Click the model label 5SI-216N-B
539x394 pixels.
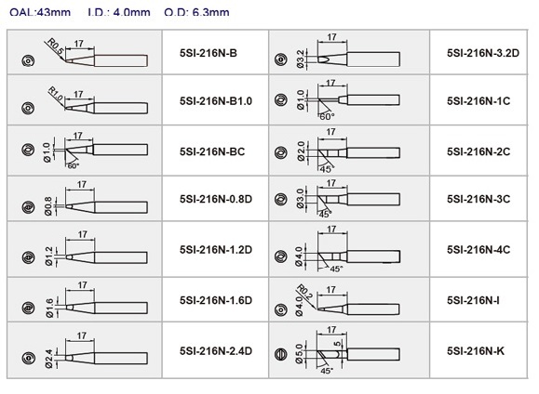(209, 53)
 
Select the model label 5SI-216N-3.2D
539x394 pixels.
(483, 53)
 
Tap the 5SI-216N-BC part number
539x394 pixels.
(212, 151)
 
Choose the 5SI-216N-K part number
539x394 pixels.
(476, 351)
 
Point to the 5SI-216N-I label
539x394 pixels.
(473, 300)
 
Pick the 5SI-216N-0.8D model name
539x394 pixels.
(216, 199)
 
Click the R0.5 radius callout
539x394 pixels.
(55, 47)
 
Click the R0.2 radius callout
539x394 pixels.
(304, 293)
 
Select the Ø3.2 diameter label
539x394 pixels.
(300, 59)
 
